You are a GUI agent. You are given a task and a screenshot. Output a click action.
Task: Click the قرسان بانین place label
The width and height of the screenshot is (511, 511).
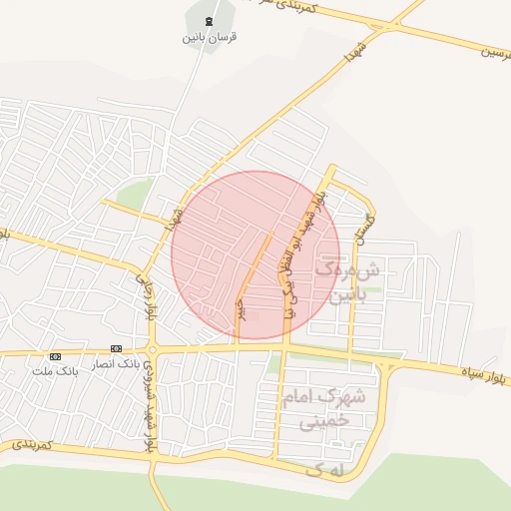click(x=209, y=38)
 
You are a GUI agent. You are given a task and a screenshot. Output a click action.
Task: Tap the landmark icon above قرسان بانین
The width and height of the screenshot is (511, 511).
click(x=209, y=22)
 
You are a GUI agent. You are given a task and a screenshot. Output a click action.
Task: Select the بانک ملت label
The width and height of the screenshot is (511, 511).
click(x=54, y=370)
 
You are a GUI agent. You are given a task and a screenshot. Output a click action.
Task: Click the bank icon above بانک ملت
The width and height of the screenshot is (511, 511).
click(x=55, y=356)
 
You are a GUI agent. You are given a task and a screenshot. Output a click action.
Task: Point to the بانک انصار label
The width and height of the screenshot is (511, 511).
click(x=117, y=363)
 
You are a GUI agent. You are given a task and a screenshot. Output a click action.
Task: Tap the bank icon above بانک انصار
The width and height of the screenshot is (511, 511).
click(x=117, y=348)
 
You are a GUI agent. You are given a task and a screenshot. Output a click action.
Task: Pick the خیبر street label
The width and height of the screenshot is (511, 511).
click(x=239, y=306)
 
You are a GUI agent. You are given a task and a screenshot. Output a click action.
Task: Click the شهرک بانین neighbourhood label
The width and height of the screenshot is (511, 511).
click(x=348, y=280)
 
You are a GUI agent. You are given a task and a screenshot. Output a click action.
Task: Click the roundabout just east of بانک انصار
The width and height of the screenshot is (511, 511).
click(x=153, y=349)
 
